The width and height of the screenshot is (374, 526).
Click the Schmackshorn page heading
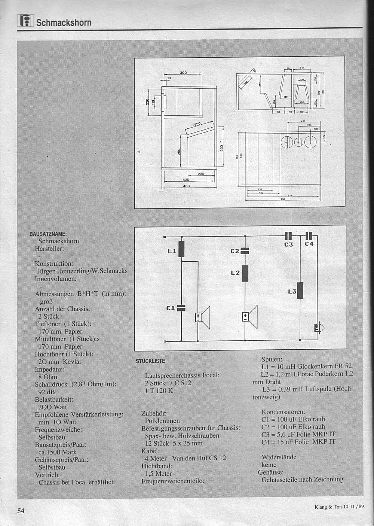pyautogui.click(x=64, y=22)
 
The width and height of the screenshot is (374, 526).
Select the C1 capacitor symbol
pyautogui.click(x=181, y=308)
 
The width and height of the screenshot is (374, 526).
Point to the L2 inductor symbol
pyautogui.click(x=245, y=273)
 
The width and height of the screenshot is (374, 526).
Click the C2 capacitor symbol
pyautogui.click(x=245, y=252)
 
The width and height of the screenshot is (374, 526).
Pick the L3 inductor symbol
pyautogui.click(x=300, y=291)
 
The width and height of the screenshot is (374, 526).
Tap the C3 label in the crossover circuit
pyautogui.click(x=288, y=244)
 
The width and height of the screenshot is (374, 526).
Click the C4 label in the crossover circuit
pyautogui.click(x=309, y=244)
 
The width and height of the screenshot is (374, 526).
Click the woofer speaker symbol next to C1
pyautogui.click(x=202, y=316)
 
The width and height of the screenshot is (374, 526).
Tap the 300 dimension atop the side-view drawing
pyautogui.click(x=183, y=73)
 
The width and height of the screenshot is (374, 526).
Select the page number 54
pyautogui.click(x=20, y=511)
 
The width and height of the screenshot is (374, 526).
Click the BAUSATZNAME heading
pyautogui.click(x=48, y=234)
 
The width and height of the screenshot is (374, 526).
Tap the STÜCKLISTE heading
pyautogui.click(x=150, y=361)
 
